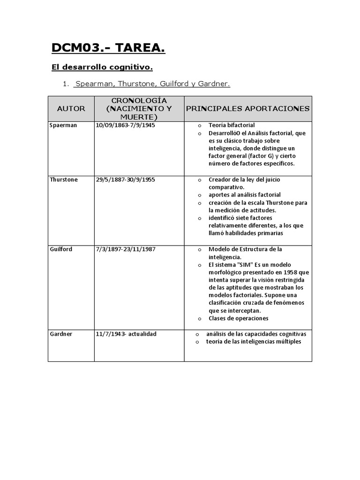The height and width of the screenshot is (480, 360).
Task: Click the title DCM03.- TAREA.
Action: point(108,48)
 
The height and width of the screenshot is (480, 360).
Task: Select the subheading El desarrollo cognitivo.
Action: point(102,68)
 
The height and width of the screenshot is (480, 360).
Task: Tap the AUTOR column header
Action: point(71,109)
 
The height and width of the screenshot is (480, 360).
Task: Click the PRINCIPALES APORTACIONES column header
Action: point(247,109)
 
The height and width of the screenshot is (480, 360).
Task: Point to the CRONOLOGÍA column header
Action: point(139,101)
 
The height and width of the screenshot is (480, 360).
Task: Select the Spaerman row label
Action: point(63,126)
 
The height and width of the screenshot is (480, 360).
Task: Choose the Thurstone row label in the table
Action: point(64,180)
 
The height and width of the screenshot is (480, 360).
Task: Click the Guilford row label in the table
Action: point(61,249)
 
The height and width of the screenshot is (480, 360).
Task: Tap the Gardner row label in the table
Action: point(61,334)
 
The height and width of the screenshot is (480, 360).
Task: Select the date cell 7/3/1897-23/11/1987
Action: point(126,249)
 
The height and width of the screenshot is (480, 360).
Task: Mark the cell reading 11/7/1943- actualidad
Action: point(126,334)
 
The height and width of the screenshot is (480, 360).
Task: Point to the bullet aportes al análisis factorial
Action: point(245,195)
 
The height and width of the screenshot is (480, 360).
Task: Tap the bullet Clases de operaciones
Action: point(238,318)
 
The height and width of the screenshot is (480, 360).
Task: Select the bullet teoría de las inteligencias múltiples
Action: point(254,342)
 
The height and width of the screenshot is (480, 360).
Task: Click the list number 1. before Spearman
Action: point(66,84)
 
